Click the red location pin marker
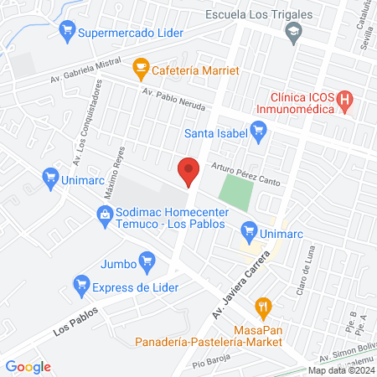tap(188, 171)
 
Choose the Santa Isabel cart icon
tap(258, 130)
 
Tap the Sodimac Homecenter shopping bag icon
tap(105, 216)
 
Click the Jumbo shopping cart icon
tap(147, 261)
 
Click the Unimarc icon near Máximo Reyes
tap(49, 178)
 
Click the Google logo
tap(28, 367)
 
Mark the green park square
tap(235, 194)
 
